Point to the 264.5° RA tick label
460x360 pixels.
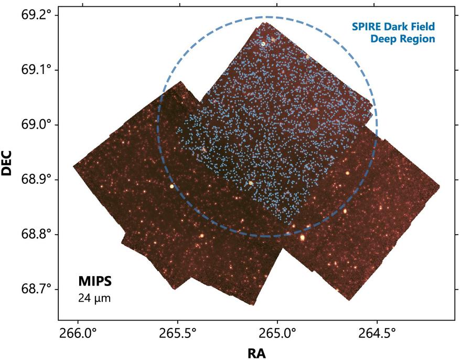tap(377, 332)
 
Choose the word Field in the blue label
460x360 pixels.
tap(423, 26)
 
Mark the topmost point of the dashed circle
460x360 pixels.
tap(268, 17)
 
